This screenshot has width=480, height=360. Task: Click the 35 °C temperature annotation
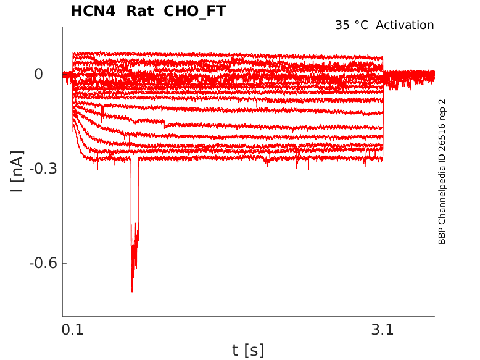click(x=352, y=25)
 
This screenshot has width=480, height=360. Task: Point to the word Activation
click(x=405, y=25)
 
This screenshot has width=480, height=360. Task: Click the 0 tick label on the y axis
click(x=39, y=74)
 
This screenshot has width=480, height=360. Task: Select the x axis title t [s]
click(x=248, y=350)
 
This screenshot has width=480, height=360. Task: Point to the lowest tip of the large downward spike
click(x=132, y=291)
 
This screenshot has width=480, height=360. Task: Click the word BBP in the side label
click(x=442, y=237)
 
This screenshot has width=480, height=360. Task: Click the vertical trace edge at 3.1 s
click(x=383, y=111)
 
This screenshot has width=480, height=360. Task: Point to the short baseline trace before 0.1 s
click(x=67, y=75)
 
